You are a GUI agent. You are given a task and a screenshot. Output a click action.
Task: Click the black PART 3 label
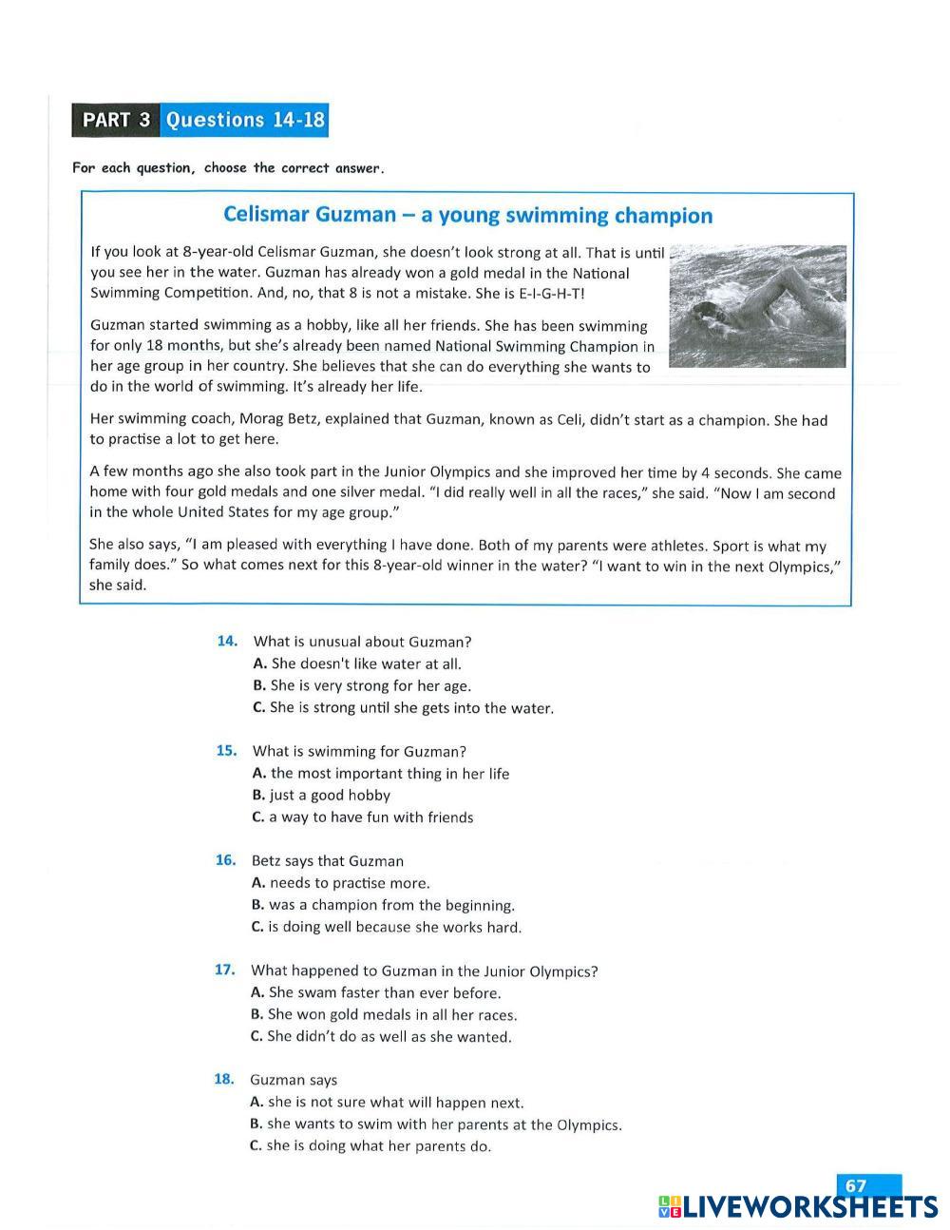point(116,120)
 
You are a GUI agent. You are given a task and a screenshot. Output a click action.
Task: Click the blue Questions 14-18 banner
point(245,120)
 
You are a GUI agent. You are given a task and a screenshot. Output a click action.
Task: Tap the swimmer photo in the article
point(757,305)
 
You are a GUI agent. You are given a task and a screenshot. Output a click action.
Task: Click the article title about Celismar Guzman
point(467,215)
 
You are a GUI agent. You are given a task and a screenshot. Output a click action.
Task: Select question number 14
point(227,641)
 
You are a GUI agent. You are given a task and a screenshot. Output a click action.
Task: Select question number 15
point(226,750)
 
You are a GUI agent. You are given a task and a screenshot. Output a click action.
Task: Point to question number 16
point(225,860)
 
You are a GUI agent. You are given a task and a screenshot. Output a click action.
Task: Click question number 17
point(224,970)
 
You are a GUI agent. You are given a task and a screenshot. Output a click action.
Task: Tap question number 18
point(223,1079)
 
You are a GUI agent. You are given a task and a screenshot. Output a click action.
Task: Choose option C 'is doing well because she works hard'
point(387,927)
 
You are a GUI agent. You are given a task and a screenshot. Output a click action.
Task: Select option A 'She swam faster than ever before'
point(375,992)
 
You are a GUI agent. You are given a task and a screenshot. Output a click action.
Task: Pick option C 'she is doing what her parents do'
point(370,1145)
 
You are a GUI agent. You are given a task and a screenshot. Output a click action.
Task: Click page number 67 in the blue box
point(857,1185)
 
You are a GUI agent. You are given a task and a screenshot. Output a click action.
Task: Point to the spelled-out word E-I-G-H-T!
point(552,293)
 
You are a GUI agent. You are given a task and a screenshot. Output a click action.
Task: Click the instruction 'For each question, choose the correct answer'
point(228,168)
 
